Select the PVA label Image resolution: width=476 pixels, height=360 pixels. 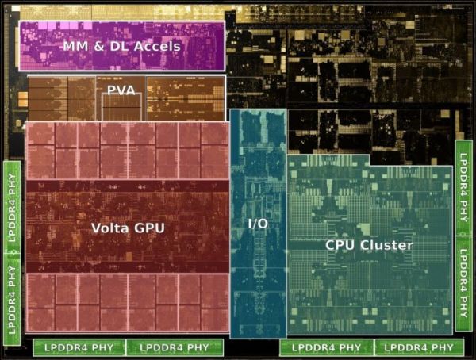(x=121, y=90)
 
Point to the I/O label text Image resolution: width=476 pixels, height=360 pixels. (x=258, y=224)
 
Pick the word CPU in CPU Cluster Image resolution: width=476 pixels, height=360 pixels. (x=340, y=245)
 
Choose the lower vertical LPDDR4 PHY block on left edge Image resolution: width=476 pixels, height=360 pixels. (x=12, y=301)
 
